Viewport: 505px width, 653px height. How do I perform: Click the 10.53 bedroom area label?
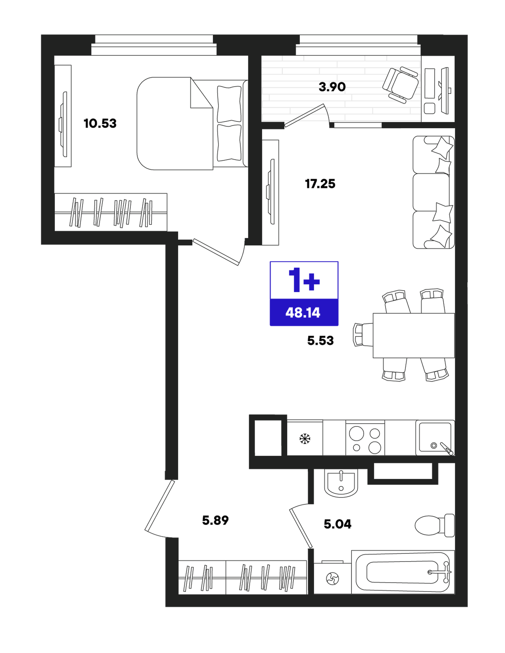point(100,124)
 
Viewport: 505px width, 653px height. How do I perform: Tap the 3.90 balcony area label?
point(332,87)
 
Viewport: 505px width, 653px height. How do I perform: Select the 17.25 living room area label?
point(320,184)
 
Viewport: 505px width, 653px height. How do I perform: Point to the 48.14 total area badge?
point(304,313)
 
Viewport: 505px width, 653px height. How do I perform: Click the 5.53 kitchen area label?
point(320,341)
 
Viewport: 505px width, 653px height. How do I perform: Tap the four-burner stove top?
point(365,439)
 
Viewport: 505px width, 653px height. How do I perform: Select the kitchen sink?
point(435,438)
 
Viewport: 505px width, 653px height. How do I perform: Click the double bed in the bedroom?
point(192,124)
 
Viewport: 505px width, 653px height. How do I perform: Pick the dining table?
point(414,335)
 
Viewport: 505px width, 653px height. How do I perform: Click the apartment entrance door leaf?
point(160,506)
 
